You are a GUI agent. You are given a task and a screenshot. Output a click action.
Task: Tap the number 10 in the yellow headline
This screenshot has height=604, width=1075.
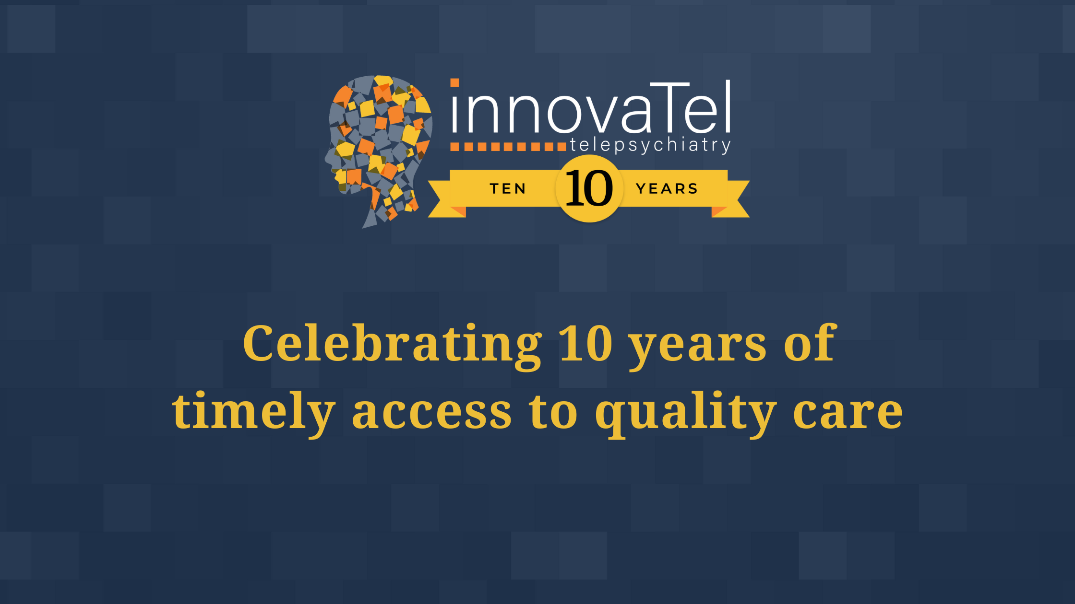(586, 343)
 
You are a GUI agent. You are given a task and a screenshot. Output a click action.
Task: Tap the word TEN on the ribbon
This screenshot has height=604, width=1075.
(508, 189)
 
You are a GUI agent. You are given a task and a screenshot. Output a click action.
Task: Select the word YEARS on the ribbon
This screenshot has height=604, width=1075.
(667, 189)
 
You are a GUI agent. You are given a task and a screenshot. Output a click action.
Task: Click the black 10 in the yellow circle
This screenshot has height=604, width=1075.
(589, 188)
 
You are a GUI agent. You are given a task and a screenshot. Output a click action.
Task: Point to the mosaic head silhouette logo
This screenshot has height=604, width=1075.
(379, 151)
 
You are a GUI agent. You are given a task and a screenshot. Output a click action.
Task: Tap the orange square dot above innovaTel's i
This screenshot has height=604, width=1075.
(454, 83)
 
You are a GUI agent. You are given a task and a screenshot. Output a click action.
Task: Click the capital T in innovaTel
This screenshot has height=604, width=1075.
(671, 106)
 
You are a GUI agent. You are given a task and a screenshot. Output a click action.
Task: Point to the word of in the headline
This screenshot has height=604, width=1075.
(810, 343)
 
